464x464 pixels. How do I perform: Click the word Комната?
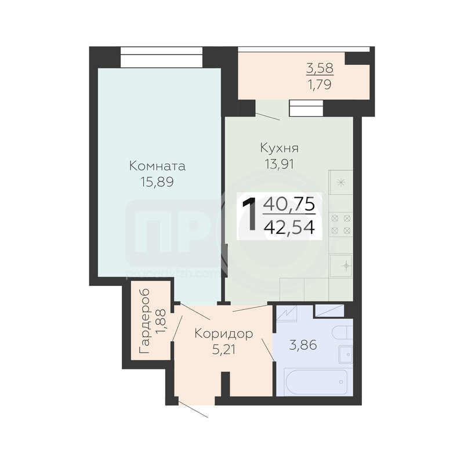coord(157,166)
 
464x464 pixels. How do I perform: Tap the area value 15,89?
coord(157,182)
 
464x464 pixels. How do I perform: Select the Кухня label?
coord(280,148)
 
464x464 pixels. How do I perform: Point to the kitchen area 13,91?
coord(280,164)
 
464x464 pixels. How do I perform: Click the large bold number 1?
coord(249,214)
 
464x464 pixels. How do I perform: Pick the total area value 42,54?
coord(289,228)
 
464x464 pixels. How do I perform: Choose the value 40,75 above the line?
coord(289,204)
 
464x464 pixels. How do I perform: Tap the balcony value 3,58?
coord(320,68)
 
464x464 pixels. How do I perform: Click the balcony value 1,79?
coord(320,85)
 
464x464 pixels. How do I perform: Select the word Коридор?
coord(224,334)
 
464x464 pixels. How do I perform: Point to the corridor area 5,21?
coord(224,350)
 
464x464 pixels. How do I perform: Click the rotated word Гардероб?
coord(144,321)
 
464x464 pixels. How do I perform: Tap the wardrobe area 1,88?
coord(161,321)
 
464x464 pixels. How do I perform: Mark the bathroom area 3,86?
coord(303,345)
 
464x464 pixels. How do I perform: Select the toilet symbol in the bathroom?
coord(342,332)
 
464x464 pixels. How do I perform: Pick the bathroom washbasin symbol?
coord(346,354)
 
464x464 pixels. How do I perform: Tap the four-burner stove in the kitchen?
coord(341,224)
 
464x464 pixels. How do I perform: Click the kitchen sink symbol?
coord(341,266)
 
